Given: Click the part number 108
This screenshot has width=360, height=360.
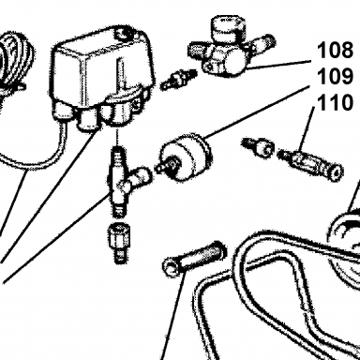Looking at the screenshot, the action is pos(335,50).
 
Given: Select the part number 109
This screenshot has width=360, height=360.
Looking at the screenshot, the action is pos(335,76).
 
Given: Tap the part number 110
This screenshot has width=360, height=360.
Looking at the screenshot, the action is pos(335,102).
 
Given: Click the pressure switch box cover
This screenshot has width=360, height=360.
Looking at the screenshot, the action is pos(100,64).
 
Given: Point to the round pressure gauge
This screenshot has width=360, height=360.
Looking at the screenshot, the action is pos(185,157).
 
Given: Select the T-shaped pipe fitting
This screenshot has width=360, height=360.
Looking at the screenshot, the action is pos(125,181).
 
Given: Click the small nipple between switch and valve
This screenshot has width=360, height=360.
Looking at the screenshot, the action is pos(178,80).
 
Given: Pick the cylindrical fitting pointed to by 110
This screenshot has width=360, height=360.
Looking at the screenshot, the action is pos(310,162).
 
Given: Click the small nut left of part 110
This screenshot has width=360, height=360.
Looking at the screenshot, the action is pos(259,147).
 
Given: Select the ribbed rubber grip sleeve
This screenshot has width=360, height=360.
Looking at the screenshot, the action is pos(194,259).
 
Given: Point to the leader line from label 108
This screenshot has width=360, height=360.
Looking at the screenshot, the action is pos(278,65).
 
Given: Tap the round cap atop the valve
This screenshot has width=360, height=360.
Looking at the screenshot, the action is pos(228,29).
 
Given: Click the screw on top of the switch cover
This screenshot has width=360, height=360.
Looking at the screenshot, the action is pos(123,32).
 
